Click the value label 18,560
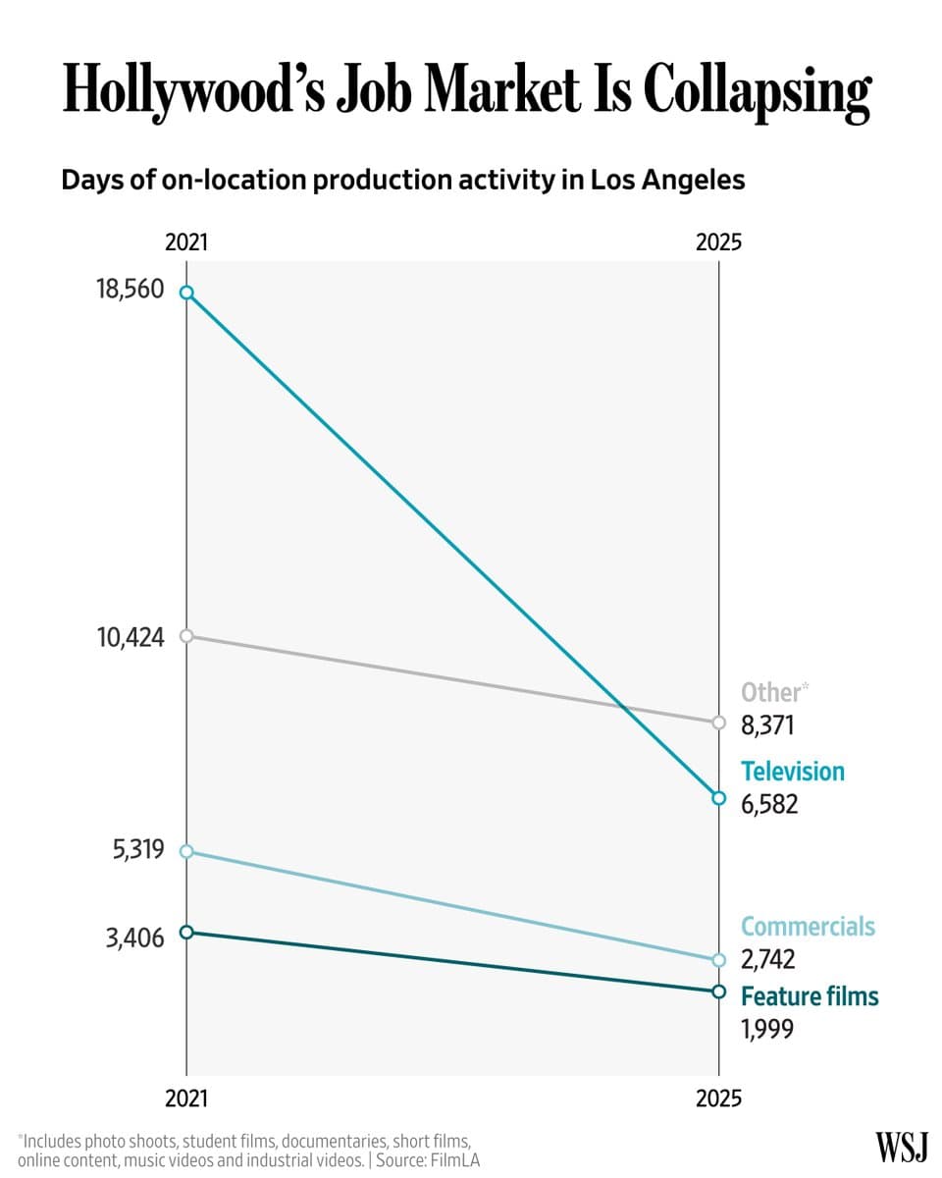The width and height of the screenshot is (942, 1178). (x=130, y=291)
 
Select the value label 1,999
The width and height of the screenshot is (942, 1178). (x=766, y=1028)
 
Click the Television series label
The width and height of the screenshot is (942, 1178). (x=792, y=772)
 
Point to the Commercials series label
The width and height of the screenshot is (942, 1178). (x=807, y=927)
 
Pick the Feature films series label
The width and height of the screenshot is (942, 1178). (x=809, y=996)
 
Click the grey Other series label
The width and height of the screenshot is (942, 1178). (x=772, y=692)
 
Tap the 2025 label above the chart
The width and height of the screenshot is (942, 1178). (x=718, y=242)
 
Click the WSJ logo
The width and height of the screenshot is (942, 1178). (x=901, y=1146)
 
